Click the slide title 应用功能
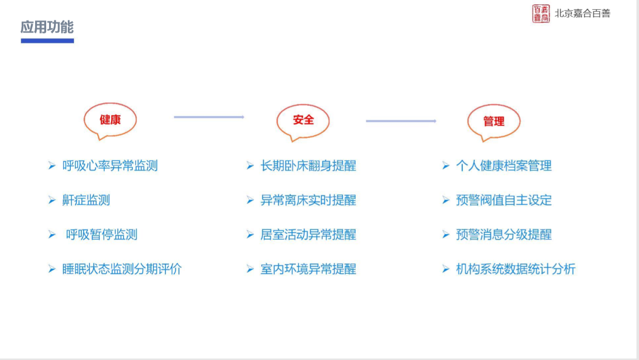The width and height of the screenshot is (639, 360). pos(47,27)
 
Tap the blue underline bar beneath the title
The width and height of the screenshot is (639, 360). pos(47,41)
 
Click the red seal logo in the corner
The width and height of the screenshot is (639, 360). pos(541,13)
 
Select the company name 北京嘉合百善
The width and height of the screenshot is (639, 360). pos(582,13)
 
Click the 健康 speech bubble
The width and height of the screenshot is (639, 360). pos(110,121)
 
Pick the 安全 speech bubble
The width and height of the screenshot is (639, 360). pos(303,122)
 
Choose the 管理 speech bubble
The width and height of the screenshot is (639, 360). pos(494,122)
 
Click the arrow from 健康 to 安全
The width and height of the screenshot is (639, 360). pos(209,117)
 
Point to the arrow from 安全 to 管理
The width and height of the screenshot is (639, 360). pos(401,121)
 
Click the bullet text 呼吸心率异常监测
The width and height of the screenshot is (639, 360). pos(110,166)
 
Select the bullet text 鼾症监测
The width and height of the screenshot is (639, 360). pos(86,200)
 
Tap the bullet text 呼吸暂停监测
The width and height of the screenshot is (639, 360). pos(102,234)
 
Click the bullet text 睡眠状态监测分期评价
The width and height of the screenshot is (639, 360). pos(122,269)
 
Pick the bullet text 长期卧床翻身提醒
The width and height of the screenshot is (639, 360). pos(308,166)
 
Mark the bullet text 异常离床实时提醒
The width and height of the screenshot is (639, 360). pos(308,200)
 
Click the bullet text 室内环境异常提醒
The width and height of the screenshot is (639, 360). pos(308,269)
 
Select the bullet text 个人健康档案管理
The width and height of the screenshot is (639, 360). pos(504,166)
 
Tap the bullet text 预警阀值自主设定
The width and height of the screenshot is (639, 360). pos(504,200)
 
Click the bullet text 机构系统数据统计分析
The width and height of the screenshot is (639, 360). pos(516,269)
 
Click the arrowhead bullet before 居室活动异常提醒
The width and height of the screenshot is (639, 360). pos(250,234)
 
